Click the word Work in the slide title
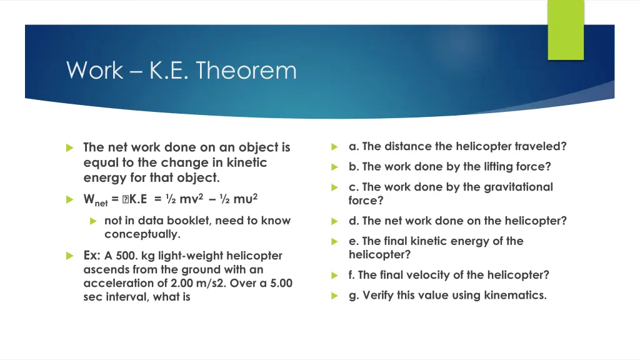pyautogui.click(x=94, y=70)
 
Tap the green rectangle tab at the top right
pyautogui.click(x=565, y=29)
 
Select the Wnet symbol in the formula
pyautogui.click(x=96, y=200)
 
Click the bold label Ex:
pyautogui.click(x=92, y=256)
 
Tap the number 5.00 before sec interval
pyautogui.click(x=279, y=283)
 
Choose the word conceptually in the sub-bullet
pyautogui.click(x=142, y=234)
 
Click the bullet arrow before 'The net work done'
pyautogui.click(x=70, y=148)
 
